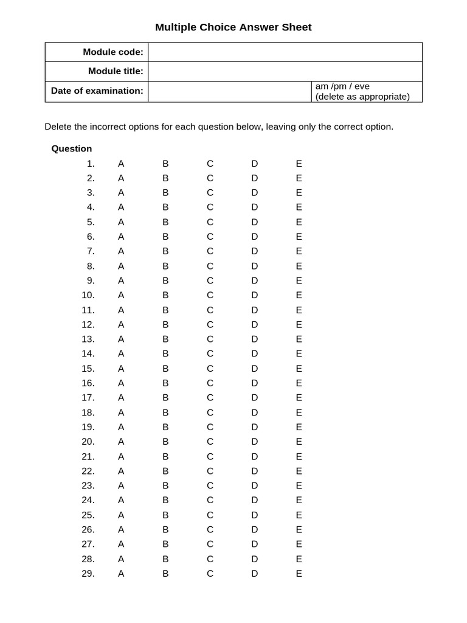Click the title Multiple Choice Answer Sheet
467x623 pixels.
click(233, 27)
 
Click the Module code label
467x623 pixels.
click(113, 52)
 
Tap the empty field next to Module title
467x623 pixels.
click(285, 71)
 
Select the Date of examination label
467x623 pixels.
click(97, 91)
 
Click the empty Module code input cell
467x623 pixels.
click(285, 52)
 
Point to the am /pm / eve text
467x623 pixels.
click(342, 86)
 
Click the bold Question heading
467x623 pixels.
click(72, 148)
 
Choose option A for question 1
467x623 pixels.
click(121, 164)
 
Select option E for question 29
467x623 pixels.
click(299, 573)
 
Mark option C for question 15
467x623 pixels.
click(210, 368)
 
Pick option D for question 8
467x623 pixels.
click(255, 266)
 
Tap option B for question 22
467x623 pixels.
click(165, 471)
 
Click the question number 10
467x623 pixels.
click(88, 295)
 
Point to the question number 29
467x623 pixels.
click(88, 573)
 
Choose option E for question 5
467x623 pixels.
click(299, 222)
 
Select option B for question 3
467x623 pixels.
click(165, 192)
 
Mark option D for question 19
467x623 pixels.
click(255, 426)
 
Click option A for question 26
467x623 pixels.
click(121, 529)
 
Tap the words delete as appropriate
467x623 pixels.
click(362, 97)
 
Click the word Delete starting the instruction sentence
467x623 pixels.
click(58, 127)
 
